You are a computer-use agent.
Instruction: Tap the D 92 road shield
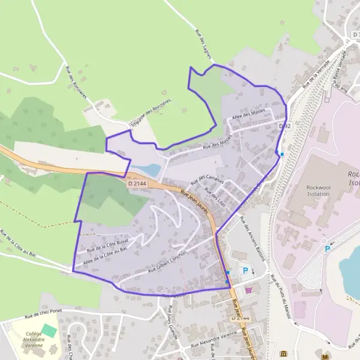click(x=285, y=125)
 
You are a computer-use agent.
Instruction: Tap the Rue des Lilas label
click(x=214, y=197)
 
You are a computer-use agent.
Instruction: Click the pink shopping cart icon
click(x=248, y=290)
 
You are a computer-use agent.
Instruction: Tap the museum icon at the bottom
click(x=284, y=353)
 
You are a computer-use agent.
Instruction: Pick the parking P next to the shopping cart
click(x=245, y=271)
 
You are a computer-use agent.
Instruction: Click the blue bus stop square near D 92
click(x=282, y=154)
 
